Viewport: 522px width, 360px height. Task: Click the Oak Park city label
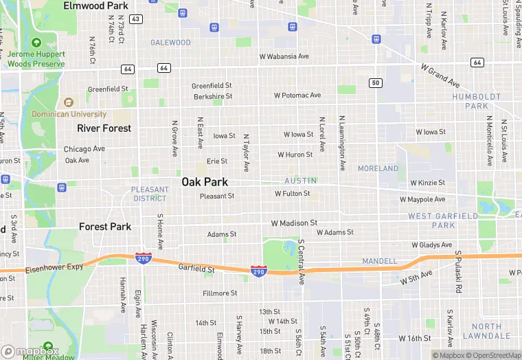coord(205,182)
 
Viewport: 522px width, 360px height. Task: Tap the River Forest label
coord(104,128)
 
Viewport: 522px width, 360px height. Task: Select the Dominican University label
coord(69,114)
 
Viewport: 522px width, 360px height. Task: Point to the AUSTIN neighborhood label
coord(301,181)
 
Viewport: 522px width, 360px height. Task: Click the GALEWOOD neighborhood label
coord(171,43)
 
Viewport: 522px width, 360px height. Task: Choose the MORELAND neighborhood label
coord(378,168)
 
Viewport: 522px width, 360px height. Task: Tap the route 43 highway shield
coord(136,19)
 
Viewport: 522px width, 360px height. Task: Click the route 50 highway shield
coord(374,83)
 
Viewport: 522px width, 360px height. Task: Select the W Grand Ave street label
coord(440,76)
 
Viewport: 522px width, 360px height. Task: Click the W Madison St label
coord(294,223)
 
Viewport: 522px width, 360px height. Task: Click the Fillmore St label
coord(220,293)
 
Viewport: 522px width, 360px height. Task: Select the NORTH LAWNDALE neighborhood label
coord(486,331)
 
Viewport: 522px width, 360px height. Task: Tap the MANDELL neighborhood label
coord(379,261)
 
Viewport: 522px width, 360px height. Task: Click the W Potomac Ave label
coord(297,95)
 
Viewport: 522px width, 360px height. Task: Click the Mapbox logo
coord(30,351)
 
